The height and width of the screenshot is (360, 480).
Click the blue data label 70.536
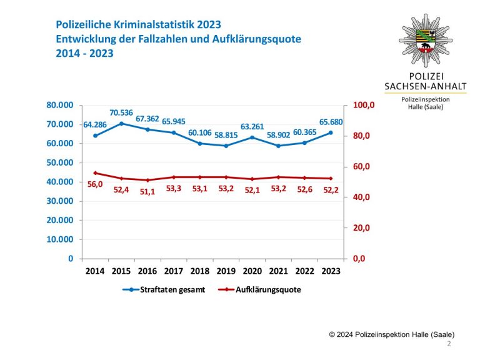click(x=121, y=112)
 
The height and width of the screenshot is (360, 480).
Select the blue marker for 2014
click(x=96, y=135)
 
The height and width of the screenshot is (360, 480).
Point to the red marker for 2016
click(x=147, y=180)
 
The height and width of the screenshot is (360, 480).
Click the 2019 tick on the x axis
click(x=226, y=272)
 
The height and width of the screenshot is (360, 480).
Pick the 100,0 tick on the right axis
click(x=363, y=105)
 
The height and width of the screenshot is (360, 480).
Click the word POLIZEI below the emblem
click(x=426, y=74)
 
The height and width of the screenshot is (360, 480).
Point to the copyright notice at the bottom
click(x=392, y=334)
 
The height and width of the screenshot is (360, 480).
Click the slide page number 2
click(x=449, y=344)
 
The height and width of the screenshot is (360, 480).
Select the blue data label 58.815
click(x=226, y=134)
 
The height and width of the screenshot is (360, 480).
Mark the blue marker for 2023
click(x=331, y=132)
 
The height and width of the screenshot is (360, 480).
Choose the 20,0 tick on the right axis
click(x=361, y=228)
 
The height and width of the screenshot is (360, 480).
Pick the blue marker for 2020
click(x=252, y=137)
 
